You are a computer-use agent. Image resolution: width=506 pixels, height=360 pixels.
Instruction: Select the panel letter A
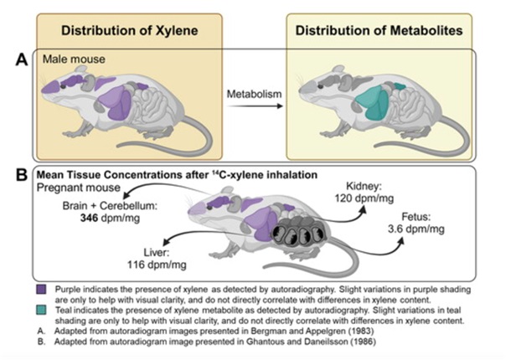click(x=19, y=60)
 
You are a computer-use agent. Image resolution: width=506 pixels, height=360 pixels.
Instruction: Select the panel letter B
click(x=19, y=177)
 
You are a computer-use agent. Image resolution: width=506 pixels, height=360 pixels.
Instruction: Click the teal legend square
click(x=41, y=312)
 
